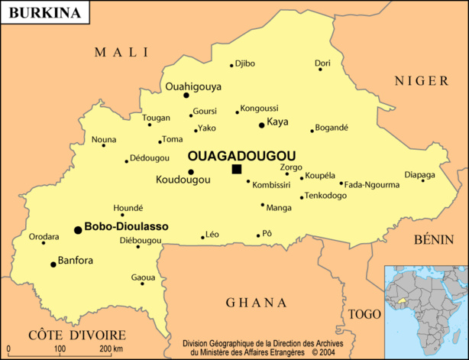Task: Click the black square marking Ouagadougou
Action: (x=237, y=169)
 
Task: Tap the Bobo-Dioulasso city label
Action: (x=126, y=227)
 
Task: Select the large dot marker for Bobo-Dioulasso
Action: (x=78, y=229)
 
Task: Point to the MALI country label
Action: (x=121, y=52)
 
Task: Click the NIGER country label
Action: (x=420, y=81)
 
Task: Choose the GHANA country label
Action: (x=256, y=303)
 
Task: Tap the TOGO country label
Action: (x=364, y=314)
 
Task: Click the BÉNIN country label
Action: (x=434, y=239)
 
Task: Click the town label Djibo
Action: (x=245, y=63)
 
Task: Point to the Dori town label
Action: (x=323, y=63)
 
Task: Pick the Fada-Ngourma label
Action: (x=372, y=184)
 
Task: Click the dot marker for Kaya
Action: (x=261, y=125)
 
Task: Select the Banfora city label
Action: (x=76, y=260)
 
